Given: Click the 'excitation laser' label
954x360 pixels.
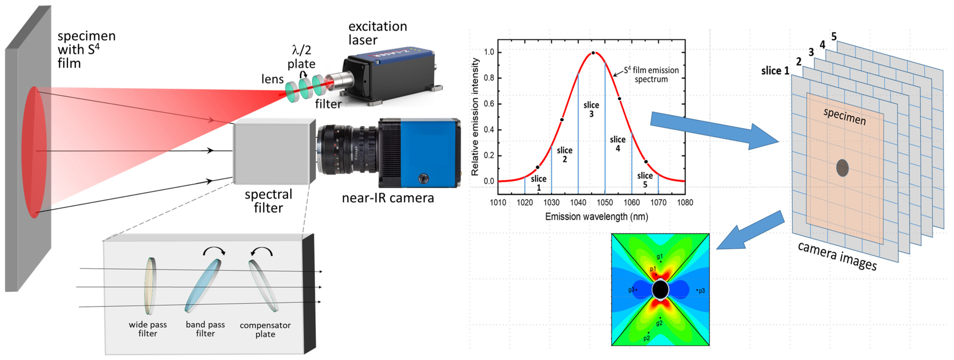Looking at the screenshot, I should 377,33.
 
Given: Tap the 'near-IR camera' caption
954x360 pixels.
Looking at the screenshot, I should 387,198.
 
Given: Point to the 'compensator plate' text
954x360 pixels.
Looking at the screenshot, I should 265,330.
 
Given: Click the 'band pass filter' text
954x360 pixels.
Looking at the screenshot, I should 205,329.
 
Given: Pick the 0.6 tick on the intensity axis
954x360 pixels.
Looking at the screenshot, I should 489,104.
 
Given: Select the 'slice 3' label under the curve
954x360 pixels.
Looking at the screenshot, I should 591,110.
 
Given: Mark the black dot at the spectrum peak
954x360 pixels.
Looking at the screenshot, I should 593,53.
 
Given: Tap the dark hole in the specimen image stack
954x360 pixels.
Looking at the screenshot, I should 842,168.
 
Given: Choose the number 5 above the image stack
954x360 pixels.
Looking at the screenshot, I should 834,36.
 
